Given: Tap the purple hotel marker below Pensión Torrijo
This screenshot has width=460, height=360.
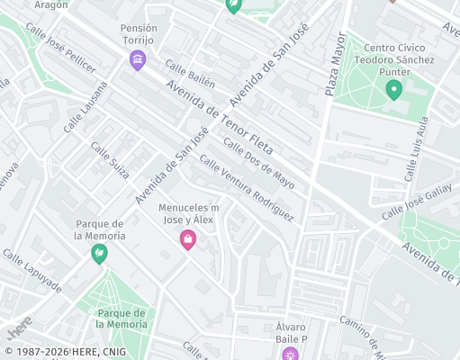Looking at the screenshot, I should click(138, 61).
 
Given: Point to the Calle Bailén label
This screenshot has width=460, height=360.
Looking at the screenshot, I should click(190, 74).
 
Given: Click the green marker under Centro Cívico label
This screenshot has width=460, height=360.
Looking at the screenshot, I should click(393, 89).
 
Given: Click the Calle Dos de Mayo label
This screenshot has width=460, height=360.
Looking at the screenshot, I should click(258, 161).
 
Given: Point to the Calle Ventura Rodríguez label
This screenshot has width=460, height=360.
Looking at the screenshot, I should click(247, 188).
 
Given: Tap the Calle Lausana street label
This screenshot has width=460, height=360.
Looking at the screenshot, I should click(86, 107).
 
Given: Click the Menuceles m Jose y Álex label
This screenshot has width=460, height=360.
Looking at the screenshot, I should click(189, 213).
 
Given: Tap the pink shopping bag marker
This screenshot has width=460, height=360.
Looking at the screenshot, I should click(187, 239).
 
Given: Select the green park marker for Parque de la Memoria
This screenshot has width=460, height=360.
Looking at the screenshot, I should click(98, 255).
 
